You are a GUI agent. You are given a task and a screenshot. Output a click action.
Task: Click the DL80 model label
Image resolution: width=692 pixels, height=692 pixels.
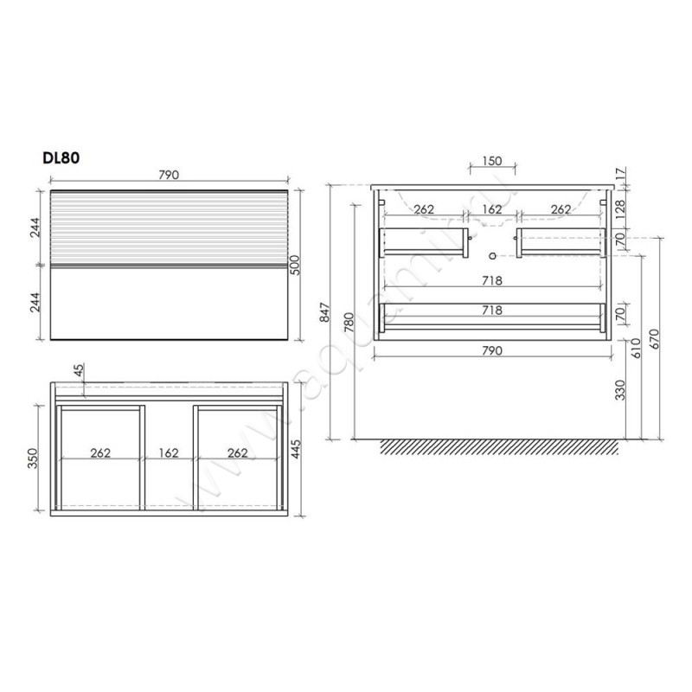click(61, 157)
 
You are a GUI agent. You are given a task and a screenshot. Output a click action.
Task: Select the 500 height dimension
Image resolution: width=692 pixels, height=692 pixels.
click(295, 265)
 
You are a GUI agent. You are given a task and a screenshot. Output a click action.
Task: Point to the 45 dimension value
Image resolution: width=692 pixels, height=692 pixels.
click(79, 370)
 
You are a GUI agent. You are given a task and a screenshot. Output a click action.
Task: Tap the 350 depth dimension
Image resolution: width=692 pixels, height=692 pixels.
click(33, 458)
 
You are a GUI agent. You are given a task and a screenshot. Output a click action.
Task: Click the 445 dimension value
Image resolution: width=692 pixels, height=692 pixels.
click(296, 449)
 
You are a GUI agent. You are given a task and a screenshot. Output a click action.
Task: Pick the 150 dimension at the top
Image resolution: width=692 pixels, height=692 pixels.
click(491, 161)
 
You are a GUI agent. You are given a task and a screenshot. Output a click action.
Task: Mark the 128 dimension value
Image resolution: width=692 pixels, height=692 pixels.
click(619, 210)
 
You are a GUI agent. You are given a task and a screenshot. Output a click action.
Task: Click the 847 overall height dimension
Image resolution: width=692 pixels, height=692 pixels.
click(324, 312)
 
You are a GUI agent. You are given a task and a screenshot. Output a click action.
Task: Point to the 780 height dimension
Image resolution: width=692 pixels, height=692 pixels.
click(349, 322)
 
